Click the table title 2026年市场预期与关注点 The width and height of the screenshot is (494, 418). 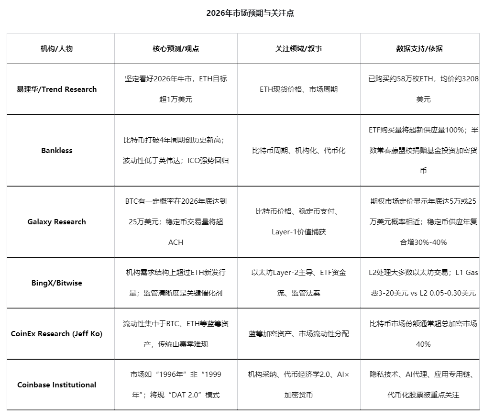(250, 13)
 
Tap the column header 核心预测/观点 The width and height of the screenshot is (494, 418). (176, 49)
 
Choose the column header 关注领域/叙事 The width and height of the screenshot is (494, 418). (298, 49)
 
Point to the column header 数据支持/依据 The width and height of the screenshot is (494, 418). (419, 49)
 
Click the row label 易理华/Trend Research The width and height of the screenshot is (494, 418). (56, 89)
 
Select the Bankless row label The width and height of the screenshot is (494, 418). (56, 151)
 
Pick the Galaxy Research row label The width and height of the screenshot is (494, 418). (56, 222)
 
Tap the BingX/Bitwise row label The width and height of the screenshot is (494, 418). (56, 283)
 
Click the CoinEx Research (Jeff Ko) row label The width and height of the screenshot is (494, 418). (56, 334)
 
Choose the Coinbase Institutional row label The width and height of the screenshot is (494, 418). (56, 385)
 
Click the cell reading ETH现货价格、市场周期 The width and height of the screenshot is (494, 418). (298, 89)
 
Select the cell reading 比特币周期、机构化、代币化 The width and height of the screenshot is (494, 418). (298, 151)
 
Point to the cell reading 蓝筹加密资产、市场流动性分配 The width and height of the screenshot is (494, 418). (298, 334)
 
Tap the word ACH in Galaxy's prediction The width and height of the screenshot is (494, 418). (176, 242)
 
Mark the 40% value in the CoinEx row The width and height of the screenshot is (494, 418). (423, 344)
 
